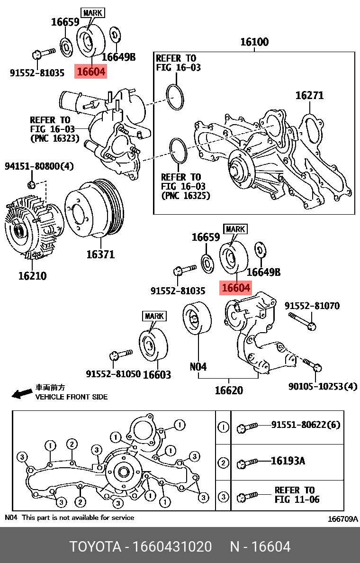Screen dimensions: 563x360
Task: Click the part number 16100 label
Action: pos(254,42)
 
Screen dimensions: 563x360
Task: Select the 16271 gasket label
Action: pos(309,95)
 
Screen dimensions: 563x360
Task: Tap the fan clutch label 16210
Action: pos(32,275)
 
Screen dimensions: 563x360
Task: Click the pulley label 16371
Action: pos(100,254)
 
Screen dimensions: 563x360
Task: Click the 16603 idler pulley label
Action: pos(157,374)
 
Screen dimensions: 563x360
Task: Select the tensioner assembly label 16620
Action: pos(229,390)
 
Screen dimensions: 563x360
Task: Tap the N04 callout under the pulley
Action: pos(198,366)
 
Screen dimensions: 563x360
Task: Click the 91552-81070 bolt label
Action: pos(312,306)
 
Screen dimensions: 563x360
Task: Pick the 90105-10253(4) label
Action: pos(323,386)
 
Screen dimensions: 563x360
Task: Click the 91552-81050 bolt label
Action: pos(113,374)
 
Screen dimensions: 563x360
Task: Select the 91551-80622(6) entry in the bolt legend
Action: pos(306,425)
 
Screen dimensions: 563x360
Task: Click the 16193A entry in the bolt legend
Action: pos(288,460)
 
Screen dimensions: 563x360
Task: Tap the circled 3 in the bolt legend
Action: pos(223,497)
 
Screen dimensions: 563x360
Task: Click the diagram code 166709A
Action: pos(343,519)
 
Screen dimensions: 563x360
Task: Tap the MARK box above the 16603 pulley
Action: pos(154,316)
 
